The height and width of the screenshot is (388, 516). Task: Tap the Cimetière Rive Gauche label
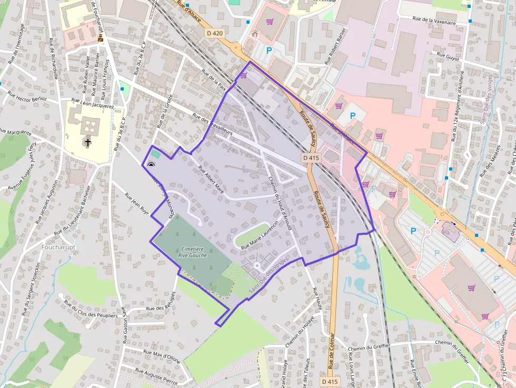pos(191,251)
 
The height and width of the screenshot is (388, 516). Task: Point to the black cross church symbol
pos(88,142)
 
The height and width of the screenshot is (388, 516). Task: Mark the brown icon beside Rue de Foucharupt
pos(100,38)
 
